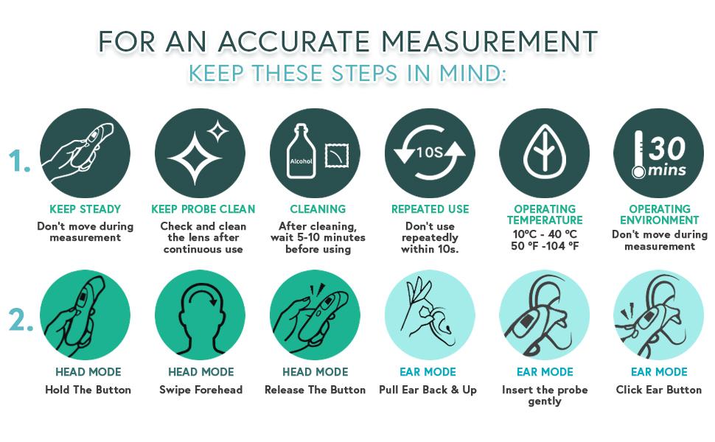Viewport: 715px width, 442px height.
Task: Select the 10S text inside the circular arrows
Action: (x=430, y=152)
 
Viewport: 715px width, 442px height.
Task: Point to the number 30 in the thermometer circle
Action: (x=667, y=147)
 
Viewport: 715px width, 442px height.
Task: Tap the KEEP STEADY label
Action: (x=85, y=209)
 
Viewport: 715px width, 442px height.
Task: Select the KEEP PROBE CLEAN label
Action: (x=203, y=209)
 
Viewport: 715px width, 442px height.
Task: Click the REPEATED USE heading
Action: (x=430, y=209)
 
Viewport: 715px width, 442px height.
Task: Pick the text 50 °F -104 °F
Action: (x=545, y=246)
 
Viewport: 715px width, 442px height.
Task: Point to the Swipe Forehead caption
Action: (x=200, y=390)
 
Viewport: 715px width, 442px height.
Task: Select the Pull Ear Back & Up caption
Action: (x=428, y=390)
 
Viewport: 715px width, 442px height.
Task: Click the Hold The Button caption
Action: (x=88, y=390)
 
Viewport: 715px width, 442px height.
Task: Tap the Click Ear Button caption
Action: (x=659, y=390)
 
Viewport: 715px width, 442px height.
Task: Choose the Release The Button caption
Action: (x=315, y=390)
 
